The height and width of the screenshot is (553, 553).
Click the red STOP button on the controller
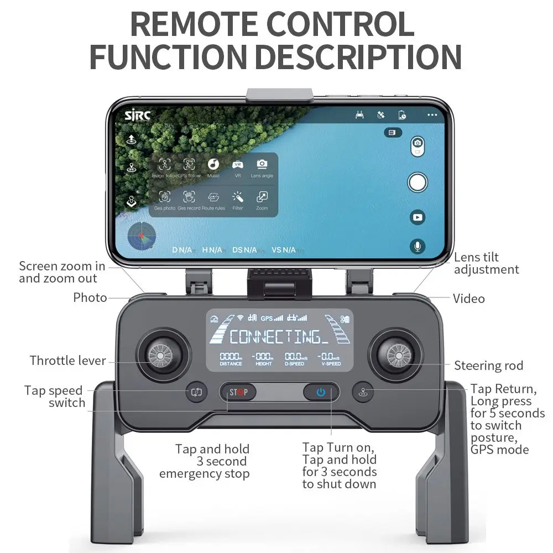pos(239,393)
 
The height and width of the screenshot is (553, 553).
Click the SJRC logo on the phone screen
pos(137,115)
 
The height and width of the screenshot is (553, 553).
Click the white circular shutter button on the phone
pos(418,181)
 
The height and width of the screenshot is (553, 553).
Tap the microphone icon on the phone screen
pos(418,246)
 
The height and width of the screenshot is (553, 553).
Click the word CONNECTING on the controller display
pos(275,336)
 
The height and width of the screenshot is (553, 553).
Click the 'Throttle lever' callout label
pos(67,361)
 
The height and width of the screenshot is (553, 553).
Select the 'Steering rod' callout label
pos(488,366)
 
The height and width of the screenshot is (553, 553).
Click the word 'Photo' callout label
pos(90,298)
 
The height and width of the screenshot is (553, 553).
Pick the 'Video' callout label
pos(469,299)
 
